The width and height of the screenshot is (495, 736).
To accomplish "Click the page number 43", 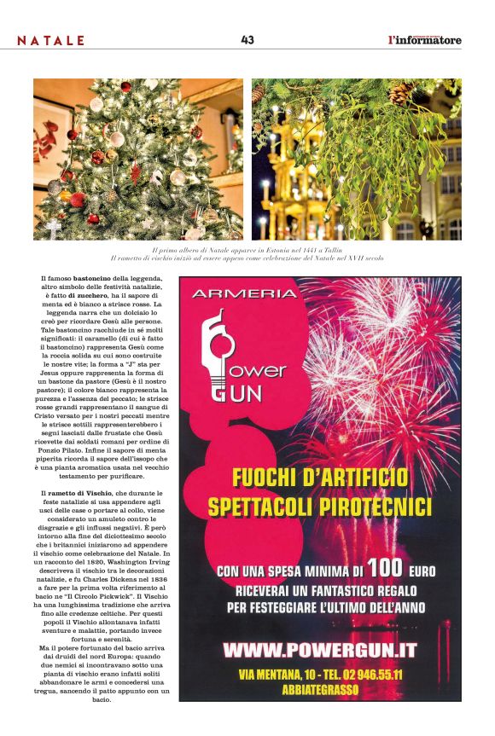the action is click(247, 39).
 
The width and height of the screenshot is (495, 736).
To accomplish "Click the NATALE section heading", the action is click(51, 40).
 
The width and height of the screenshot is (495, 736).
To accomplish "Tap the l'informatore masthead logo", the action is click(424, 39).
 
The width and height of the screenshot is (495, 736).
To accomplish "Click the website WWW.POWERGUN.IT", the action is click(319, 650).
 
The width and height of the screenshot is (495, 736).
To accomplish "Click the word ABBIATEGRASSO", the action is click(319, 690).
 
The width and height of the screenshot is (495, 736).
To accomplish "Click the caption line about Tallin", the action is click(247, 250).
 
